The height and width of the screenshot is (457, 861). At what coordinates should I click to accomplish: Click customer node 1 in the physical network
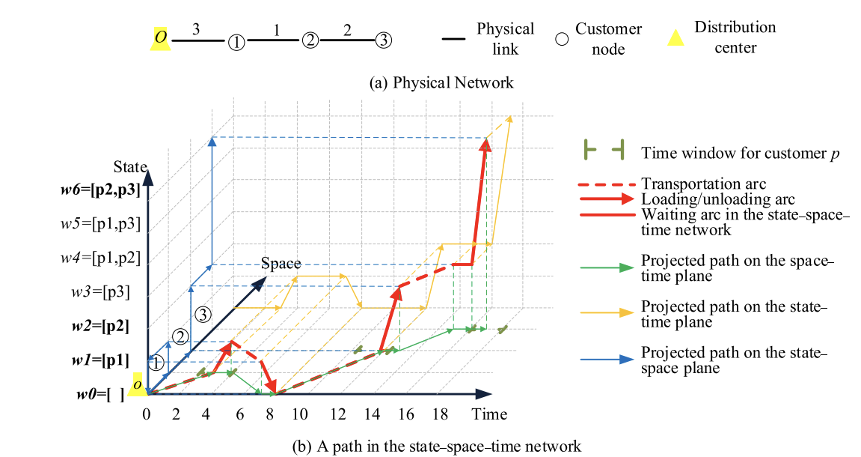tap(236, 42)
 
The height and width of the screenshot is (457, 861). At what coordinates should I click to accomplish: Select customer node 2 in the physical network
tap(310, 40)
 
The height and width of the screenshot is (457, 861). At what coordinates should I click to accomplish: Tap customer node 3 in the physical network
tap(382, 40)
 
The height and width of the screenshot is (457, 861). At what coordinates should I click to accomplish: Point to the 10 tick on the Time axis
tap(299, 414)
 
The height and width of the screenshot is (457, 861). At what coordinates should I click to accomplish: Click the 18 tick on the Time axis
tap(441, 414)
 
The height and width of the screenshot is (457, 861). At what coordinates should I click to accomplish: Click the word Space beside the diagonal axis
tap(281, 264)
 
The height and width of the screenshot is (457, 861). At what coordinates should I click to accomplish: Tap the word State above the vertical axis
tap(130, 166)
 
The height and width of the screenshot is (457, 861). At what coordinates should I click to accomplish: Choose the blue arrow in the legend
tap(606, 360)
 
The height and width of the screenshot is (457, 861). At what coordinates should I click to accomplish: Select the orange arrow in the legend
tap(606, 315)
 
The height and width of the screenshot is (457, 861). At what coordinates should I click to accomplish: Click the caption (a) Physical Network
tap(442, 82)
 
